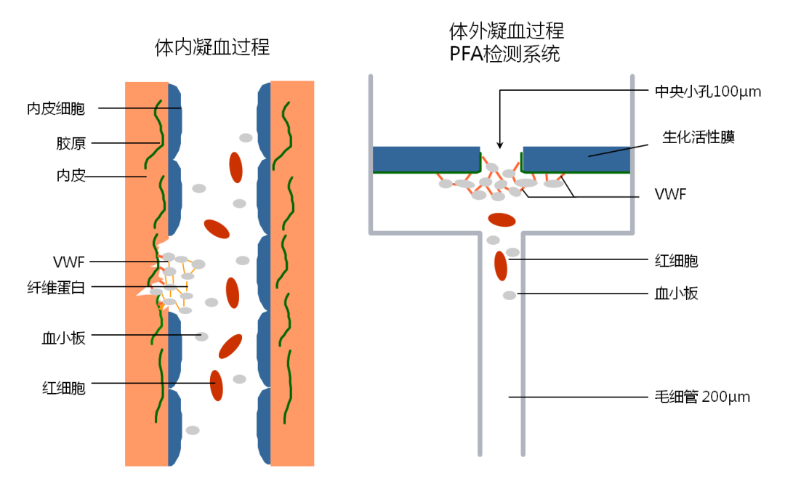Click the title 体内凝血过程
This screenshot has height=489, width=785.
click(212, 48)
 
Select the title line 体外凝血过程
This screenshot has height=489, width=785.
click(507, 31)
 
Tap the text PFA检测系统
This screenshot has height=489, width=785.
click(507, 54)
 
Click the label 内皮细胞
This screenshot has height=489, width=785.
click(56, 109)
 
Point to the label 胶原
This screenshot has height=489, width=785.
click(71, 143)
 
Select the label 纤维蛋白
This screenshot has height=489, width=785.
click(57, 288)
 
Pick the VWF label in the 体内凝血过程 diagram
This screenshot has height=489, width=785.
click(69, 262)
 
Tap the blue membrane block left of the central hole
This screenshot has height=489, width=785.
click(426, 159)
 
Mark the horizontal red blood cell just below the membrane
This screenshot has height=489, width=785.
click(502, 219)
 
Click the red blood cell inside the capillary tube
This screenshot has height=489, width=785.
click(501, 266)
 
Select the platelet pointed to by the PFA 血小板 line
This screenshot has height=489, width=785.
click(510, 295)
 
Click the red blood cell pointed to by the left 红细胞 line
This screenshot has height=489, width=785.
click(217, 385)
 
